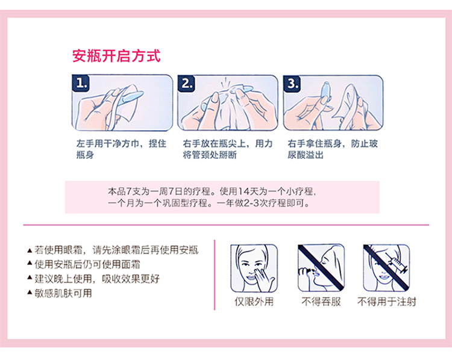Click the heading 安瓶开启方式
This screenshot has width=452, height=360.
pyautogui.click(x=116, y=56)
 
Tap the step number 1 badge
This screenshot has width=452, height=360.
pyautogui.click(x=81, y=84)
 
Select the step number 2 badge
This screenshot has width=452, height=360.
pyautogui.click(x=186, y=84)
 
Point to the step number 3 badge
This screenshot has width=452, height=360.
pyautogui.click(x=292, y=84)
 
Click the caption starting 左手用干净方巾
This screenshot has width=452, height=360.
pyautogui.click(x=121, y=149)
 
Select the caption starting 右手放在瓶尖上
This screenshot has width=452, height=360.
pyautogui.click(x=228, y=149)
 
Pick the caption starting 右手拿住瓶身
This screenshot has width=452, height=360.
pyautogui.click(x=333, y=149)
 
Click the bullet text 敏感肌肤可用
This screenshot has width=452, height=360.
pyautogui.click(x=63, y=293)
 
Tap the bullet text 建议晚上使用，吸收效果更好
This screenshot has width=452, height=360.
pyautogui.click(x=97, y=279)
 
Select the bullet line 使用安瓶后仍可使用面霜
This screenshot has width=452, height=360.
pyautogui.click(x=87, y=264)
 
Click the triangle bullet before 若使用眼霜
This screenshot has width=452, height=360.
pyautogui.click(x=30, y=250)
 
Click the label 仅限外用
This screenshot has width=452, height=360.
pyautogui.click(x=254, y=302)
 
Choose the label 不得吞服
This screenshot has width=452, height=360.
pyautogui.click(x=321, y=302)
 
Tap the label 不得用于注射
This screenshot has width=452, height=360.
pyautogui.click(x=387, y=302)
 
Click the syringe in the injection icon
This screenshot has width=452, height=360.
pyautogui.click(x=397, y=263)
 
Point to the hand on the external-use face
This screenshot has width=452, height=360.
pyautogui.click(x=264, y=278)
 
